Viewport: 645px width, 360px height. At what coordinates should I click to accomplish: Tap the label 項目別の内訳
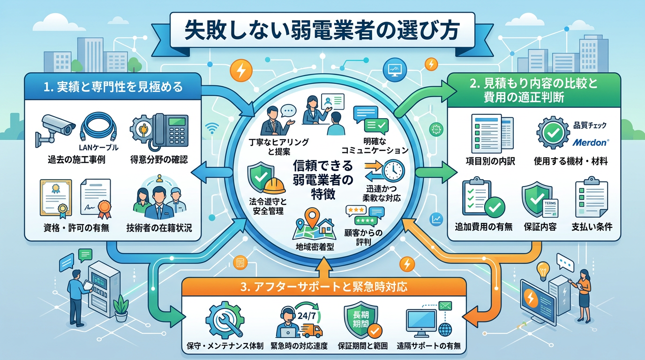tap(490, 161)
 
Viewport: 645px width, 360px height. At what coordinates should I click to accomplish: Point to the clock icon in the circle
tap(393, 170)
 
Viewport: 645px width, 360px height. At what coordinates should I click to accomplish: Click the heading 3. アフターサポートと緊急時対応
tap(323, 286)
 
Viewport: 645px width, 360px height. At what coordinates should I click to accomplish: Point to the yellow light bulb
tap(543, 269)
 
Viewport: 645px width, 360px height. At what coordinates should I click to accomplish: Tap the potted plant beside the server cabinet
tap(121, 307)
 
